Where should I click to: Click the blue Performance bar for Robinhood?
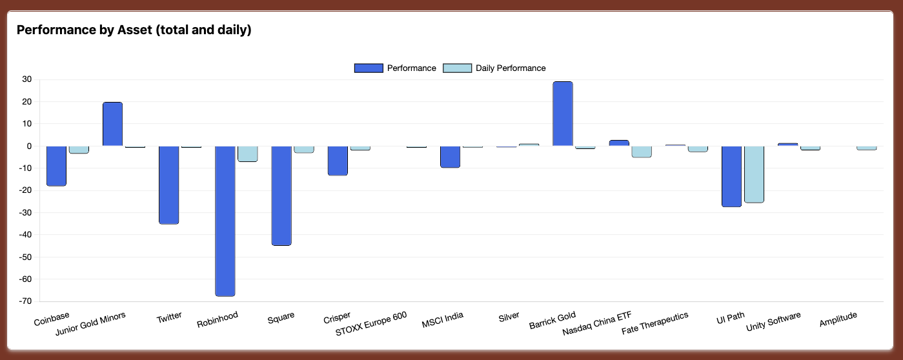pyautogui.click(x=225, y=221)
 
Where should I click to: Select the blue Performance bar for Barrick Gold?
pyautogui.click(x=563, y=114)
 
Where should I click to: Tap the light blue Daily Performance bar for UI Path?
pyautogui.click(x=754, y=174)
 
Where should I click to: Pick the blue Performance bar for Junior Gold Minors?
pyautogui.click(x=112, y=124)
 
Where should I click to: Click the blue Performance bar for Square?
pyautogui.click(x=281, y=195)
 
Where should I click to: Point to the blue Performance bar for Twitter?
pyautogui.click(x=168, y=185)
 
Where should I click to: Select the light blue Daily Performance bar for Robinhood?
pyautogui.click(x=248, y=154)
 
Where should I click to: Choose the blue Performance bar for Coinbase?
pyautogui.click(x=56, y=166)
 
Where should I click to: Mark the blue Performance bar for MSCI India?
pyautogui.click(x=450, y=157)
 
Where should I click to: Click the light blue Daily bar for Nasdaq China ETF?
pyautogui.click(x=642, y=152)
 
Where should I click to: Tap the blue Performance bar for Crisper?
pyautogui.click(x=338, y=161)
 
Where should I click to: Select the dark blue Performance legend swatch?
pyautogui.click(x=369, y=68)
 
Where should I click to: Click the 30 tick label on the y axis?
pyautogui.click(x=26, y=79)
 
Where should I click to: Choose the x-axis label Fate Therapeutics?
pyautogui.click(x=654, y=323)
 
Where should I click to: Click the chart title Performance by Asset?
pyautogui.click(x=134, y=30)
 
